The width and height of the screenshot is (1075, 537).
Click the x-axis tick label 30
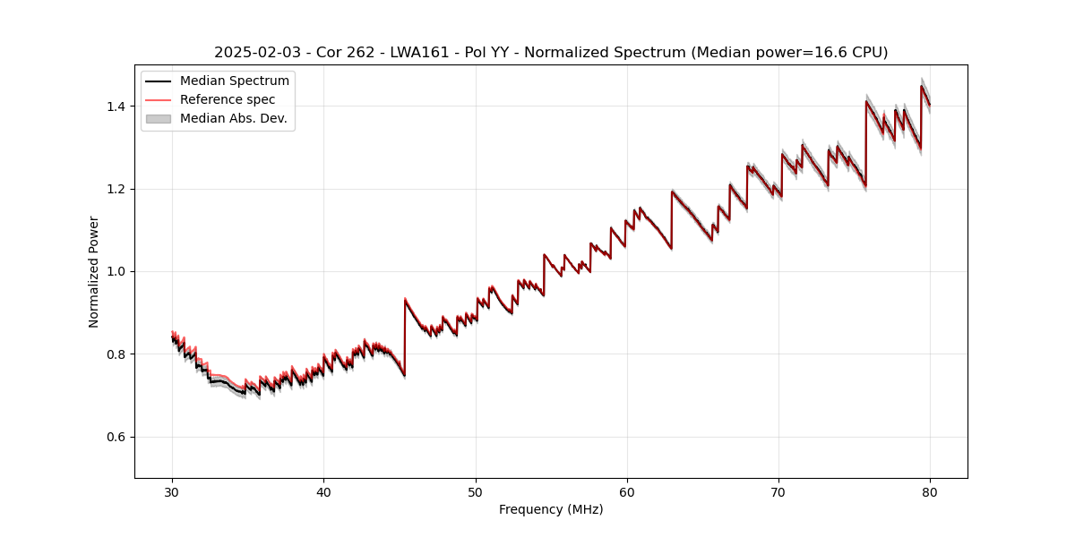173,492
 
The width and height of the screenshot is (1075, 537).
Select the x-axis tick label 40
324,492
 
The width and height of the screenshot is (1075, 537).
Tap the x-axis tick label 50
476,492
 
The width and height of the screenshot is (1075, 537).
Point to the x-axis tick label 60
627,492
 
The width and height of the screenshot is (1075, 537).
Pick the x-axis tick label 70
778,492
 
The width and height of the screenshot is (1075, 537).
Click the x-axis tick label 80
930,492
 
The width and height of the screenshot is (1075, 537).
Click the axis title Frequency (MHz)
551,509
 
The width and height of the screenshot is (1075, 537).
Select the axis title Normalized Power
94,271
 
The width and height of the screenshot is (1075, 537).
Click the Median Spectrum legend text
235,81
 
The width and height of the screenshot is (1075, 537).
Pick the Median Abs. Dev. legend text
234,118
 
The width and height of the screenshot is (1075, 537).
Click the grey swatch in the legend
159,118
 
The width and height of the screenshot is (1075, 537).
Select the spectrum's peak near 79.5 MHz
922,86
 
